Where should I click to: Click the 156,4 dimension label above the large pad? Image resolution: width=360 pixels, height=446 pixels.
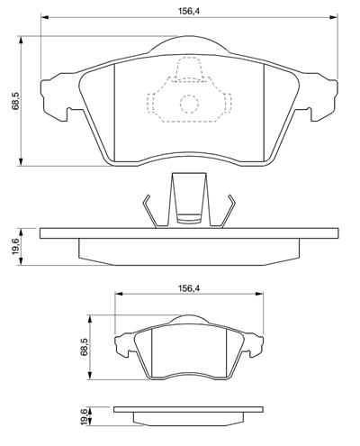(x=189, y=11)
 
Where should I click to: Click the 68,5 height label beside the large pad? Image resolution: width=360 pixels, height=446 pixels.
(x=16, y=101)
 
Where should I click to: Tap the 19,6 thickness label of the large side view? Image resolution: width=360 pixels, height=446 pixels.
(x=15, y=246)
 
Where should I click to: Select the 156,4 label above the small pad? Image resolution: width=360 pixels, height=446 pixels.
(x=189, y=288)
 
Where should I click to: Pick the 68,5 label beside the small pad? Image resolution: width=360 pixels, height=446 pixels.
(x=85, y=348)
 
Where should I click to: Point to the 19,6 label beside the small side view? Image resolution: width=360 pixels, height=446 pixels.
(x=85, y=416)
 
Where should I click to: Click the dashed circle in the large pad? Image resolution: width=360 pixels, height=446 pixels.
(x=189, y=104)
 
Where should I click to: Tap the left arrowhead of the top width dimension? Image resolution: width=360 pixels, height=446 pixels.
(x=45, y=17)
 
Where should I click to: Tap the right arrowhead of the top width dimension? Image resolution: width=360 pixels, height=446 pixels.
(x=334, y=17)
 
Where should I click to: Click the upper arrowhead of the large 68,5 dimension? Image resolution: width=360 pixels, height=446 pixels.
(x=21, y=41)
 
